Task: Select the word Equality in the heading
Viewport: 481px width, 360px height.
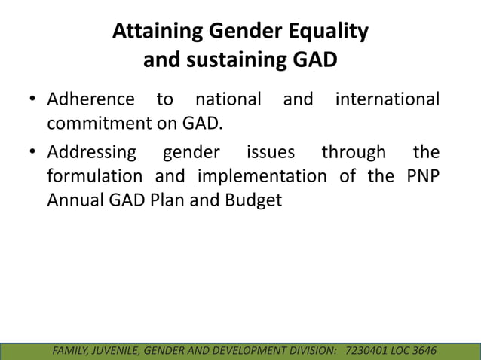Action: coord(328,32)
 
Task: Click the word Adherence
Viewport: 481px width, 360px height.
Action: coord(90,99)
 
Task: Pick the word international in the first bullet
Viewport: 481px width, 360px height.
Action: coord(387,99)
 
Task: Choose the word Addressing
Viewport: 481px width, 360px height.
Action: coord(92,153)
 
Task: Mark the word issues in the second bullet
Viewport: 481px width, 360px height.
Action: coord(271,153)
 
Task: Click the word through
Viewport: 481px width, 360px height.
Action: coord(354,153)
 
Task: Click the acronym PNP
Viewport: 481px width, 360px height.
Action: coord(420,177)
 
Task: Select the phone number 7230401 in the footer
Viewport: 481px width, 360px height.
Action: coord(370,351)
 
